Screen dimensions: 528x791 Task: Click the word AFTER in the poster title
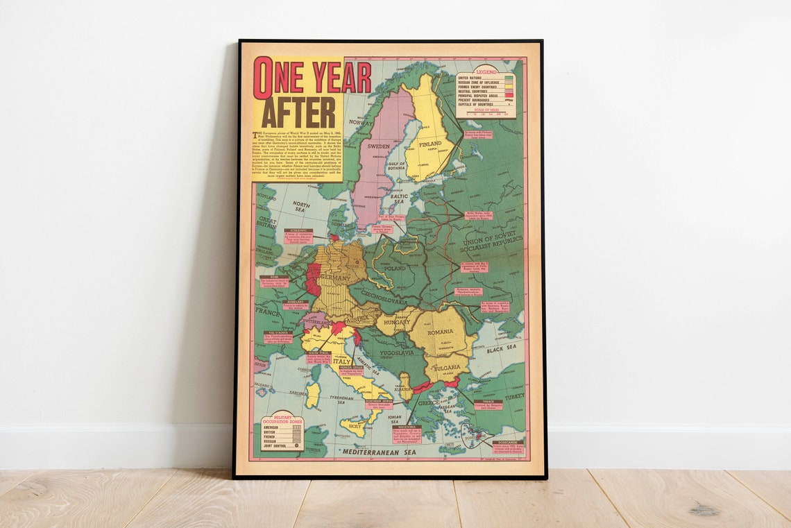(298, 112)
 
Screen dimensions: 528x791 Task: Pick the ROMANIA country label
(441, 332)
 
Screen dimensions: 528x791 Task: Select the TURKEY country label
(514, 396)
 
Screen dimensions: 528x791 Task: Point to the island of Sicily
(355, 425)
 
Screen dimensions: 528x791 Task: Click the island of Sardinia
(313, 393)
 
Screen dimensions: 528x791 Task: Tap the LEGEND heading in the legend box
(485, 71)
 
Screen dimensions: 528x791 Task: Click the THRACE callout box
(488, 404)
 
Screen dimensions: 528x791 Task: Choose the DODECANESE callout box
(509, 447)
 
